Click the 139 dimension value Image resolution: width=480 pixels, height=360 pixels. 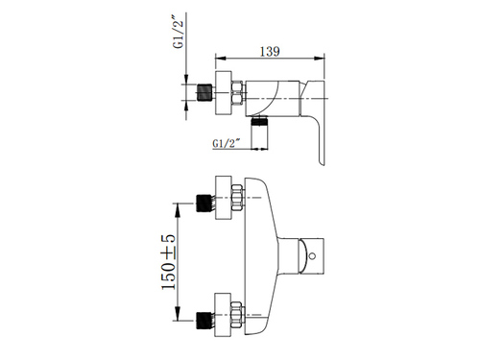coord(270,52)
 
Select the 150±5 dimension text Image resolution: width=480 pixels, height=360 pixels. coord(169,262)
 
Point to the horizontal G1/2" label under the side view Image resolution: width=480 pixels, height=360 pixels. coord(227,143)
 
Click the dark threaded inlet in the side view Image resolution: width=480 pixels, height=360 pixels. coord(204,92)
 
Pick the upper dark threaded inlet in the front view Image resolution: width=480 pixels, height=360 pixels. coord(204,203)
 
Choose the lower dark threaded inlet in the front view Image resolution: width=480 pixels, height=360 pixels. coord(204,321)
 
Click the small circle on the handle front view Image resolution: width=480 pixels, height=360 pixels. coord(313,256)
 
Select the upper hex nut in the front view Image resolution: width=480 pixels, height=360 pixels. coord(237,198)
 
